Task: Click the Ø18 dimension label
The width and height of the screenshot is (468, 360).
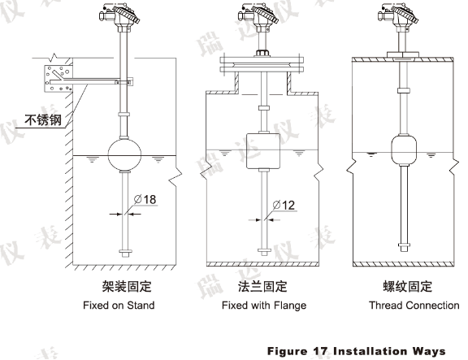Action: [x=145, y=199]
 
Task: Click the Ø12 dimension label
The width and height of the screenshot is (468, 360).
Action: [x=284, y=206]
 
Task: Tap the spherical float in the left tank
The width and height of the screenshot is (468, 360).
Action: [x=124, y=154]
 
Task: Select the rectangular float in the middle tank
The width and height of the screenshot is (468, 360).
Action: [x=263, y=151]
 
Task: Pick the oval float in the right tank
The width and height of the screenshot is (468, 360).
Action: [x=404, y=150]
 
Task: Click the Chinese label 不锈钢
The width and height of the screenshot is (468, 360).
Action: [x=43, y=120]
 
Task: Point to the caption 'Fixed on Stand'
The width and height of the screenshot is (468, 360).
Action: [x=119, y=306]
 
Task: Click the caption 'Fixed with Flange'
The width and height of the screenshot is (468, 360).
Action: [x=264, y=306]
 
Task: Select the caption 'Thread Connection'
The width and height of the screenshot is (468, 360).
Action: [x=414, y=306]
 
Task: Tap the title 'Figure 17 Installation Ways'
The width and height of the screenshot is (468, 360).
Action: [x=356, y=351]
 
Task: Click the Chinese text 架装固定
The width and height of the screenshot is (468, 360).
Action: [x=127, y=287]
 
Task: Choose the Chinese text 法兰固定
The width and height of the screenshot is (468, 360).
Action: [x=262, y=287]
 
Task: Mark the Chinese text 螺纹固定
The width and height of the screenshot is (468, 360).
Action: [x=408, y=287]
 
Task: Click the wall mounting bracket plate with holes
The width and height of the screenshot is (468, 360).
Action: [x=58, y=79]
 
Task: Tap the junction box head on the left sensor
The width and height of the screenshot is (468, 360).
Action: [x=119, y=15]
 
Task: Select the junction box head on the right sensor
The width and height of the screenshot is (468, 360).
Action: [x=398, y=15]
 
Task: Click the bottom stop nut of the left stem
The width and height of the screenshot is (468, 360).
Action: [x=125, y=253]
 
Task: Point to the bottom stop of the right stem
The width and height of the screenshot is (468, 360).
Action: [x=404, y=247]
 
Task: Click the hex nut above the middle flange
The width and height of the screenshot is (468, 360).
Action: [x=262, y=53]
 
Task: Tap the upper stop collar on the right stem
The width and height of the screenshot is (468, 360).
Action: [x=404, y=90]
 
